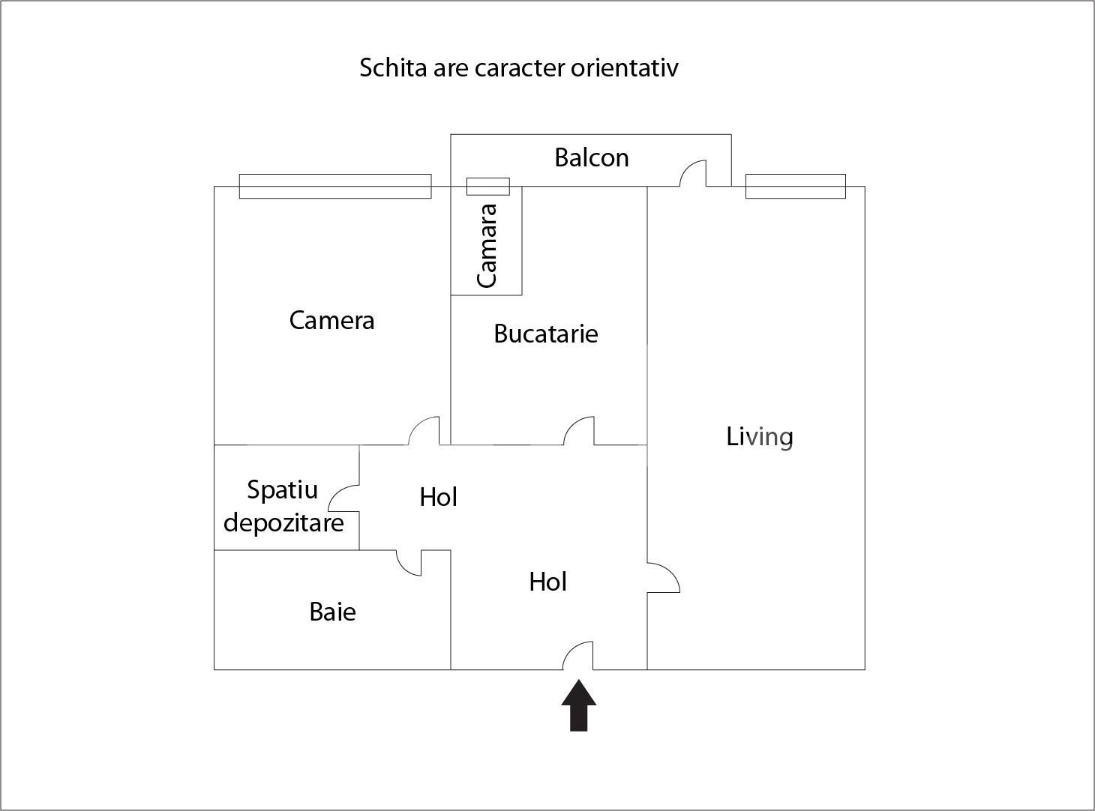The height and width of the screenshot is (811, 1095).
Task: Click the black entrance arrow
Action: (x=578, y=705)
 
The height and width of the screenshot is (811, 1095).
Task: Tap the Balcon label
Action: (x=592, y=158)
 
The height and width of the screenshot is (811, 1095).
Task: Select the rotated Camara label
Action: (x=487, y=245)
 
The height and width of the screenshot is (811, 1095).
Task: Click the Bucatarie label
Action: (x=545, y=334)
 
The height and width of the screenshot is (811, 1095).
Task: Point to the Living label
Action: (x=760, y=437)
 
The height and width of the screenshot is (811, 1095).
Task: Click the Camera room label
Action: (x=331, y=321)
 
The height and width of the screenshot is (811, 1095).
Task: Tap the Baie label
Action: (x=332, y=612)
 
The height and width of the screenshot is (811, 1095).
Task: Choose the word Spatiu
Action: (x=282, y=490)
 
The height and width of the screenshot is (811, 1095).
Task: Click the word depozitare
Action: (x=283, y=523)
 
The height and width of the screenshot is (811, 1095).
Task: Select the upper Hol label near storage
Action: (x=438, y=497)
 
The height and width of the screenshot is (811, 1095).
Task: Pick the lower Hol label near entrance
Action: (x=547, y=582)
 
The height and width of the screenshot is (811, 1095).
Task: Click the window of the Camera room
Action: (x=335, y=186)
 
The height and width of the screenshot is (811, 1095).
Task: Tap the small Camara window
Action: (x=488, y=186)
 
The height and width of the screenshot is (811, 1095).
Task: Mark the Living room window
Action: (x=795, y=186)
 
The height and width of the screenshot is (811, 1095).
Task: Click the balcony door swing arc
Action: (x=693, y=173)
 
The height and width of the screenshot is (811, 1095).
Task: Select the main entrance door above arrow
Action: (x=577, y=656)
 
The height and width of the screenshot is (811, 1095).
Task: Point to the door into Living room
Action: (x=664, y=578)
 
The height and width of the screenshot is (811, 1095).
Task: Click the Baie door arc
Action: (x=409, y=563)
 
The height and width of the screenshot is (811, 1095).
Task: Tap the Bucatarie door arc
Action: (x=579, y=430)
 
